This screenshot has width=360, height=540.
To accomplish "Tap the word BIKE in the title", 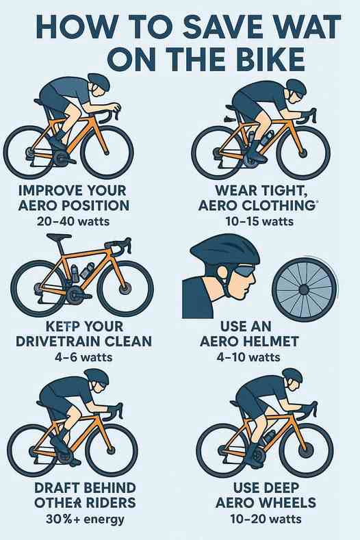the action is click(x=272, y=59).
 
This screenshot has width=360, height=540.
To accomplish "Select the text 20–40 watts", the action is click(x=73, y=221).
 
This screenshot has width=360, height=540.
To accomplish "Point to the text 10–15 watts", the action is click(x=259, y=221).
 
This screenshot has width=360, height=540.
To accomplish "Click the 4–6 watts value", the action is click(x=83, y=357).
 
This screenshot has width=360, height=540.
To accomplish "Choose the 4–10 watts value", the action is click(x=248, y=357).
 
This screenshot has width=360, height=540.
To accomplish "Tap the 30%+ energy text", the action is click(x=85, y=519).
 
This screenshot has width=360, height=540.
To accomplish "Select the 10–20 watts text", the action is click(x=266, y=519).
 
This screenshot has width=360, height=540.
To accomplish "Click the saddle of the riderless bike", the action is click(x=59, y=237).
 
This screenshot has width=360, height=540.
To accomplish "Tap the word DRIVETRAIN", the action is click(x=55, y=342).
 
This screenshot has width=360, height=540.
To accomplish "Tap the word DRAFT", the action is click(x=57, y=488).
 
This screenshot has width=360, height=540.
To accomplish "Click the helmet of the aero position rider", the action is click(x=99, y=81).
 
